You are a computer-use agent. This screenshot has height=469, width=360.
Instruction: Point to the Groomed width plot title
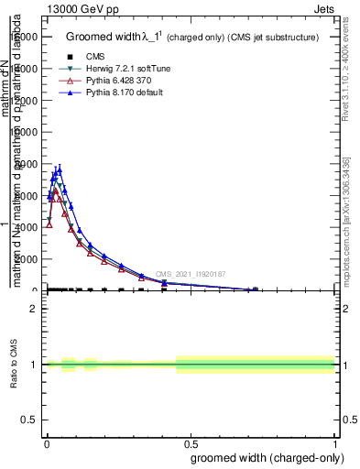point(192,38)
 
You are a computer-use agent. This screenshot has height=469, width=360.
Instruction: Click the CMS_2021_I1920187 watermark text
point(190,274)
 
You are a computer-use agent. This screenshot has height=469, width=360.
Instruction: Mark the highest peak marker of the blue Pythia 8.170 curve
point(60,169)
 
